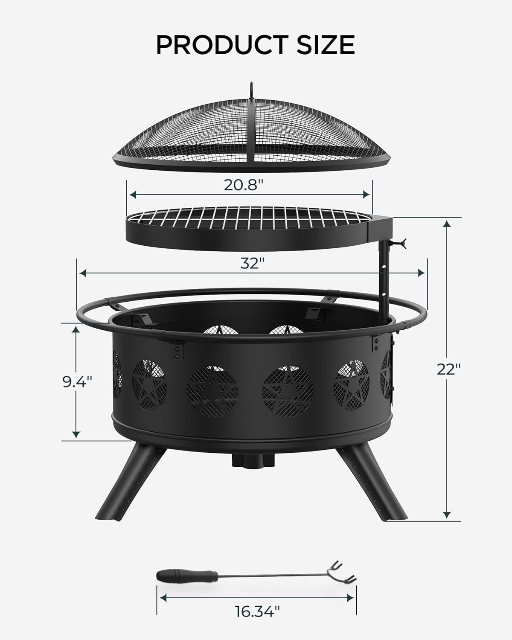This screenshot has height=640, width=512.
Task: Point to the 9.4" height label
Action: tap(77, 381)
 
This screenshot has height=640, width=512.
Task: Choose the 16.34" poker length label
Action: tap(257, 623)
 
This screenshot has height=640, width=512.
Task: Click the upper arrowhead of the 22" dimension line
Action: tap(447, 224)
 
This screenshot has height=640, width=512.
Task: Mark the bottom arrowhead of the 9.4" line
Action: tap(76, 434)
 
